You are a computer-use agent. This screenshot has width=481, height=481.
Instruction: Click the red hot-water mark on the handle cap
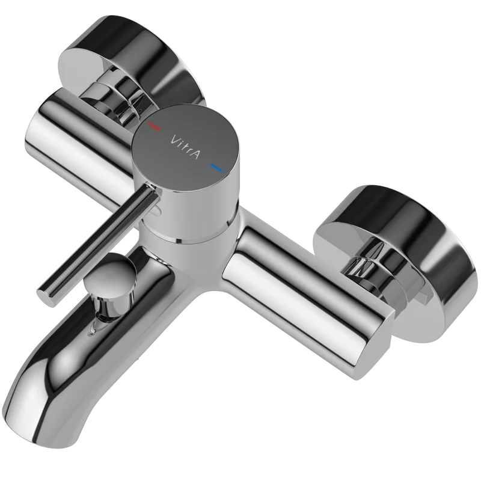click(x=155, y=127)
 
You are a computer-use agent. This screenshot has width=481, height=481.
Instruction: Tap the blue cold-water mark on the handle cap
click(x=216, y=168)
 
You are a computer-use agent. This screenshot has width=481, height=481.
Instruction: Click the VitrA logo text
click(x=185, y=147)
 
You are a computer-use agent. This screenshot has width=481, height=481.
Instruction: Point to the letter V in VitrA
click(x=174, y=139)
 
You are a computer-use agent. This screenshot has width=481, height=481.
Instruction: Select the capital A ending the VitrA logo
click(x=195, y=155)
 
